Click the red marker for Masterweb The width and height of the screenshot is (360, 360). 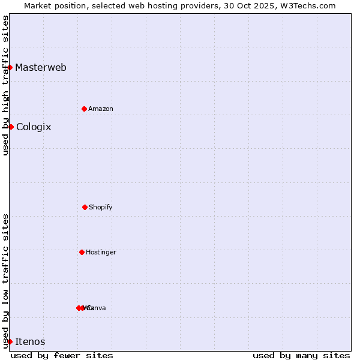pyautogui.click(x=10, y=67)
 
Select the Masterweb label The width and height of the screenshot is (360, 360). pyautogui.click(x=41, y=67)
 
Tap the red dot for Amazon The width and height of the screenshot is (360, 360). pyautogui.click(x=84, y=109)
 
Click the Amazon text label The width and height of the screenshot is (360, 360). pyautogui.click(x=101, y=109)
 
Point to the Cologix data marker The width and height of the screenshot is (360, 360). pyautogui.click(x=11, y=127)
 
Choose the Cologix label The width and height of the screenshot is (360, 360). pyautogui.click(x=34, y=127)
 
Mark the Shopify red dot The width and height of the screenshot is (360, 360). pyautogui.click(x=85, y=207)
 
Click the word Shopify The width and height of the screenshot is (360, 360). pyautogui.click(x=101, y=207)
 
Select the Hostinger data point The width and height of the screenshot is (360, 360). pyautogui.click(x=82, y=252)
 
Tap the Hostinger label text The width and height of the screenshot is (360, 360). pyautogui.click(x=101, y=252)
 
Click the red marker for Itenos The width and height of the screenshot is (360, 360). pyautogui.click(x=10, y=341)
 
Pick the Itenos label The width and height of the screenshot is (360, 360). pyautogui.click(x=30, y=341)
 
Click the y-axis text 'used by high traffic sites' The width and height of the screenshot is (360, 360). pyautogui.click(x=5, y=85)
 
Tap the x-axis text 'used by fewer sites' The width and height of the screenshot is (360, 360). pyautogui.click(x=62, y=355)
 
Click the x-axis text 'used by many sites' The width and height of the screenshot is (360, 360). pyautogui.click(x=301, y=355)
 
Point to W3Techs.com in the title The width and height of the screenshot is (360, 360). pyautogui.click(x=305, y=5)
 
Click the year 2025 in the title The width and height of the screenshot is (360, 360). pyautogui.click(x=260, y=5)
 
